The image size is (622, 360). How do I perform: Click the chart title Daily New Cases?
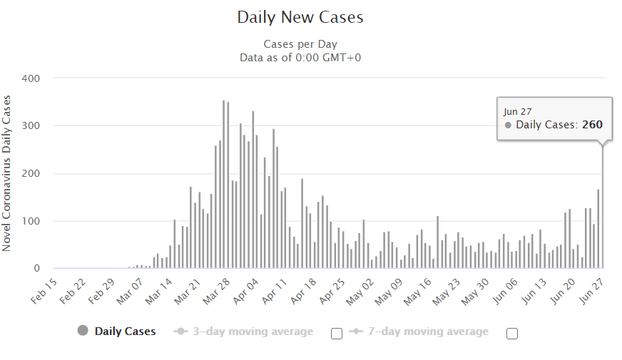pyautogui.click(x=300, y=18)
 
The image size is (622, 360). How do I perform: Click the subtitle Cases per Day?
pyautogui.click(x=300, y=44)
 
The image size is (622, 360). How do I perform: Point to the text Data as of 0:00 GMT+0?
pyautogui.click(x=300, y=57)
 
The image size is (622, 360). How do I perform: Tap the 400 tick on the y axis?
pyautogui.click(x=31, y=78)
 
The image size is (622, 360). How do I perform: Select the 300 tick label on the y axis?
pyautogui.click(x=31, y=125)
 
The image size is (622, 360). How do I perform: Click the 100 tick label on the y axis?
pyautogui.click(x=31, y=221)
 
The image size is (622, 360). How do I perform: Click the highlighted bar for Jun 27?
pyautogui.click(x=603, y=207)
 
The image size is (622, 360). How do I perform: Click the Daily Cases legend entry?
pyautogui.click(x=125, y=331)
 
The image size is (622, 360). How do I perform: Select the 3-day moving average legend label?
pyautogui.click(x=253, y=331)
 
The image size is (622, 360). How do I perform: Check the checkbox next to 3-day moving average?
pyautogui.click(x=337, y=333)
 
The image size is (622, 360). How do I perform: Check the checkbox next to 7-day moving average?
pyautogui.click(x=511, y=333)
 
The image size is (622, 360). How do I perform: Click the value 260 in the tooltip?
pyautogui.click(x=592, y=125)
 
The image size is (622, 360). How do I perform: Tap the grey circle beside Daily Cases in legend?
pyautogui.click(x=82, y=331)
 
